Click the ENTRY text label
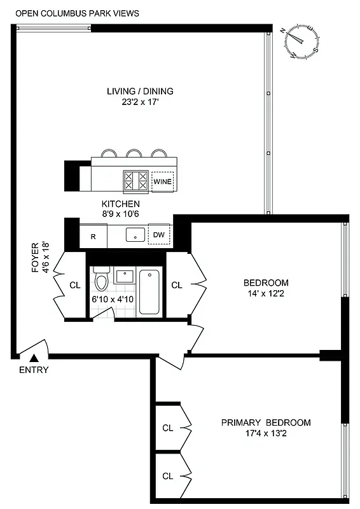pyautogui.click(x=34, y=370)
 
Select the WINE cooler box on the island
pyautogui.click(x=162, y=182)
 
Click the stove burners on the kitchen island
pyautogui.click(x=135, y=181)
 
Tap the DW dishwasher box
pyautogui.click(x=159, y=235)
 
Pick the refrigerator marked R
pyautogui.click(x=93, y=237)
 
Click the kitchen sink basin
pyautogui.click(x=135, y=235)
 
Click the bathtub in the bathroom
pyautogui.click(x=150, y=291)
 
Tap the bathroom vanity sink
pyautogui.click(x=124, y=277)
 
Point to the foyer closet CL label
pyautogui.click(x=75, y=285)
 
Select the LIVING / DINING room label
pyautogui.click(x=140, y=91)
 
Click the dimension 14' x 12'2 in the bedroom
pyautogui.click(x=266, y=293)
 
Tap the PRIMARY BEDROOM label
pyautogui.click(x=266, y=422)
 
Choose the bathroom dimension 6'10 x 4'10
pyautogui.click(x=114, y=298)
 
